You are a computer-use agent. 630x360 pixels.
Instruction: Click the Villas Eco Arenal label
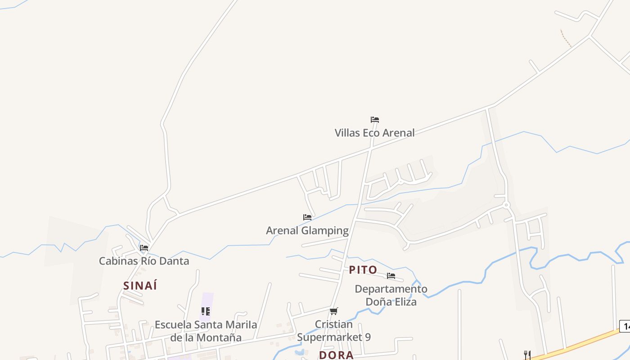(374, 133)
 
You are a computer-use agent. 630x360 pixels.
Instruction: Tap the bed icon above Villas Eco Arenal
(374, 120)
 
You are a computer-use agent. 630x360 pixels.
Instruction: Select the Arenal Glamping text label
(307, 231)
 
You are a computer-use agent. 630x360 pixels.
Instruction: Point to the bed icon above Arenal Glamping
(307, 217)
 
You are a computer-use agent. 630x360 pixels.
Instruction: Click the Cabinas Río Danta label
(144, 261)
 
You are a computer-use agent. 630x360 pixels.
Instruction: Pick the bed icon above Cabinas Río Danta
(144, 247)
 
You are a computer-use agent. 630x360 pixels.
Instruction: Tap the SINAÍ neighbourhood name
(140, 286)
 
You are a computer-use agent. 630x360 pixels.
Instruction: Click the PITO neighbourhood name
(363, 270)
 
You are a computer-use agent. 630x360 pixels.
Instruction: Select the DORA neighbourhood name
(336, 355)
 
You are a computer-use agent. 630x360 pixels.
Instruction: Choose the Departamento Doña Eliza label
(391, 295)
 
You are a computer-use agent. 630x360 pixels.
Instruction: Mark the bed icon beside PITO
(391, 275)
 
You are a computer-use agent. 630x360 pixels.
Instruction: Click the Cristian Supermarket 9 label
(334, 331)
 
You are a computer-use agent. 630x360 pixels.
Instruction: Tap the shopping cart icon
(334, 311)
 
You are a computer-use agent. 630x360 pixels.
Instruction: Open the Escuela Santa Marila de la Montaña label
(206, 331)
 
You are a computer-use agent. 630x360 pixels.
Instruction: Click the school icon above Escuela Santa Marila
(206, 311)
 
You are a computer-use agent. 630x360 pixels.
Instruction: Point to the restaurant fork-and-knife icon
(527, 355)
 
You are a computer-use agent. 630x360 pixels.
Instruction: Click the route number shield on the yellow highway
(625, 326)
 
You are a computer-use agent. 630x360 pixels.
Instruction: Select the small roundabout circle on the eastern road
(506, 205)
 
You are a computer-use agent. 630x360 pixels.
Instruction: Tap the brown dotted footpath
(566, 38)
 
